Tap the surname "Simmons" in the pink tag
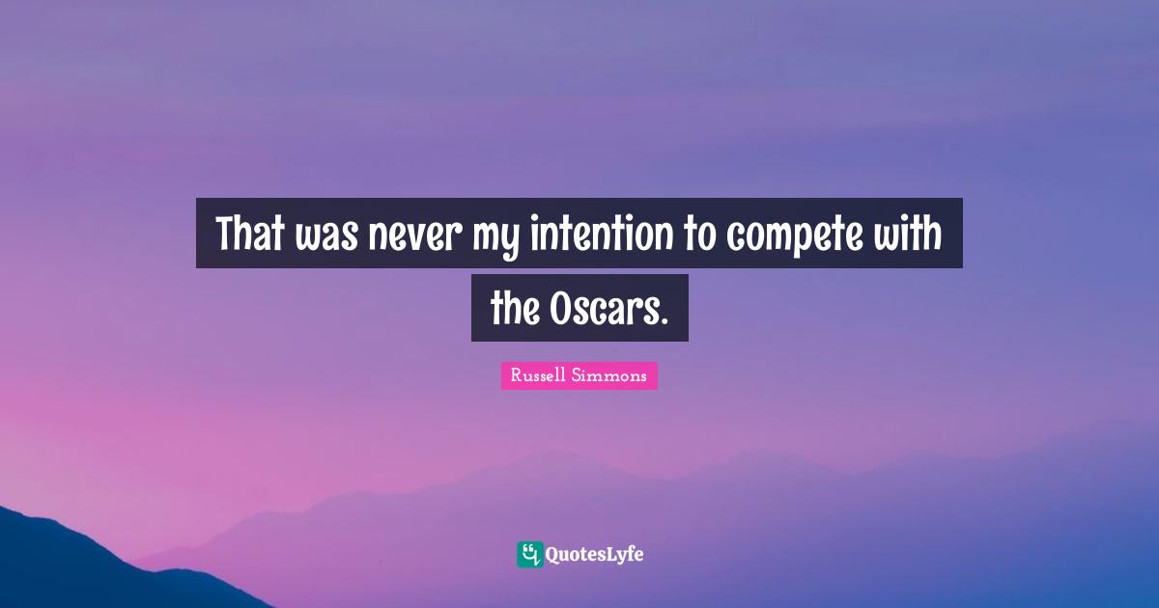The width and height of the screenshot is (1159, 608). pyautogui.click(x=614, y=376)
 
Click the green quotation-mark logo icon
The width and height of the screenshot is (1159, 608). pyautogui.click(x=529, y=554)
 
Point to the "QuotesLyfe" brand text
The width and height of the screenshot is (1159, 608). pyautogui.click(x=595, y=555)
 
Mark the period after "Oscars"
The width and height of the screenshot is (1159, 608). pyautogui.click(x=664, y=321)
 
